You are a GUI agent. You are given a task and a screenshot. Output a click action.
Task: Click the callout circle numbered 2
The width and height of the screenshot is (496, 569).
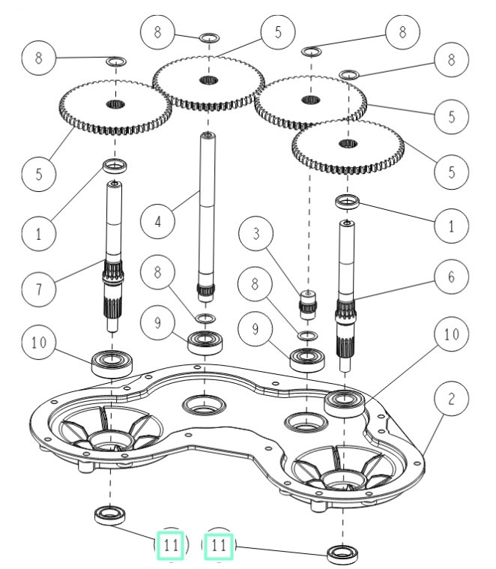point(450,400)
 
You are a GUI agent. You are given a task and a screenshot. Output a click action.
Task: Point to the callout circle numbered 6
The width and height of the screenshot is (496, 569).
point(450,276)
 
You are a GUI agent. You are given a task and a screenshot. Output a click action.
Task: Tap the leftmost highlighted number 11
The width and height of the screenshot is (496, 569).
point(172,545)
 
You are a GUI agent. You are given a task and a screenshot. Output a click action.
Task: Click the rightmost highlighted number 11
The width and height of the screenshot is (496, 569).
point(219,545)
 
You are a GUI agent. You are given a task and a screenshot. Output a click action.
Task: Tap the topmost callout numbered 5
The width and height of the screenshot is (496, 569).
point(277,32)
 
